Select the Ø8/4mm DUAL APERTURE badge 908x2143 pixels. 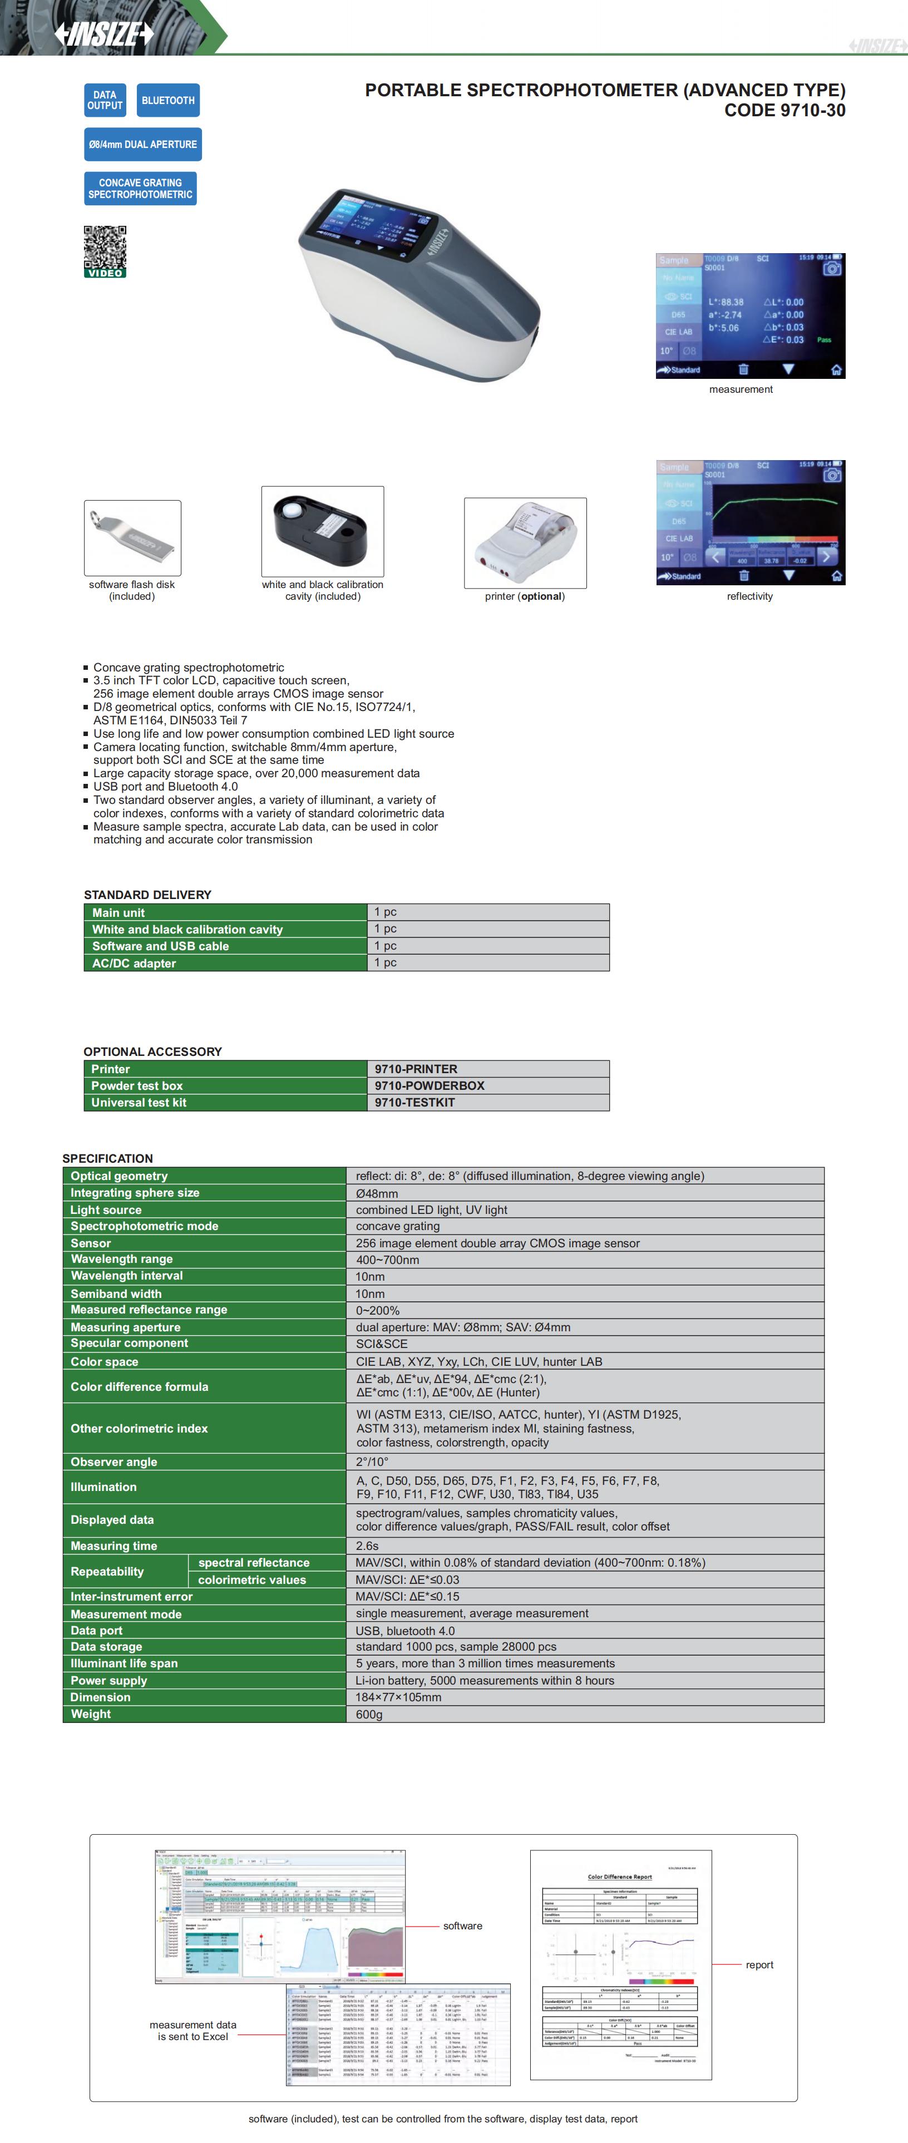tap(142, 145)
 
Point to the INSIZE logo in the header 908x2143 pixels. tap(104, 33)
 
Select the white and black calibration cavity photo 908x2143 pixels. tap(322, 531)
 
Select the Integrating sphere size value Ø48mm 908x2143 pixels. tap(377, 1193)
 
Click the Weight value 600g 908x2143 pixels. tap(369, 1714)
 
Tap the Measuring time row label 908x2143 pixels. tap(114, 1545)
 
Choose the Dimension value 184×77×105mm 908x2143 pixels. tap(399, 1697)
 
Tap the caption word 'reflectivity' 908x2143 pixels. tap(749, 596)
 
